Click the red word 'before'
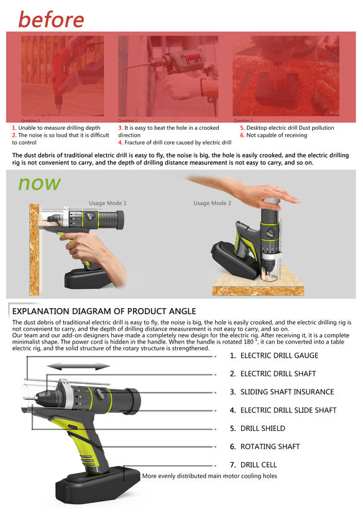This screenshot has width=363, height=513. [x=51, y=19]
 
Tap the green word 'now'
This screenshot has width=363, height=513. [x=39, y=184]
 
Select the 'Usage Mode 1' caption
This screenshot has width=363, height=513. [x=108, y=203]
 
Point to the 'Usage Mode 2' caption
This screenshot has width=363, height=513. [x=212, y=203]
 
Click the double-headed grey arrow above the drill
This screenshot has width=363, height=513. [x=78, y=366]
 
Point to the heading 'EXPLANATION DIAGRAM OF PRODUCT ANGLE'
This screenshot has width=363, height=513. [x=104, y=311]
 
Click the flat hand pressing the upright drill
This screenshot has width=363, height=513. [x=246, y=190]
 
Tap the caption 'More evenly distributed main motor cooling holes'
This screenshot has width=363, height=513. [x=209, y=476]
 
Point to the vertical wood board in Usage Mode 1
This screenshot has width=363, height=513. [x=34, y=250]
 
